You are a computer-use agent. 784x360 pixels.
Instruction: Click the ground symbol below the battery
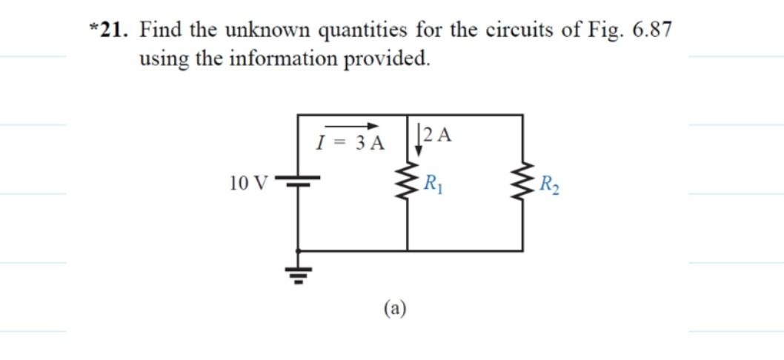[299, 275]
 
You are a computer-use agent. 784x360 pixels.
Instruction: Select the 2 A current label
[439, 134]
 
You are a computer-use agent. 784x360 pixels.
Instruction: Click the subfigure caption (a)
[396, 307]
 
